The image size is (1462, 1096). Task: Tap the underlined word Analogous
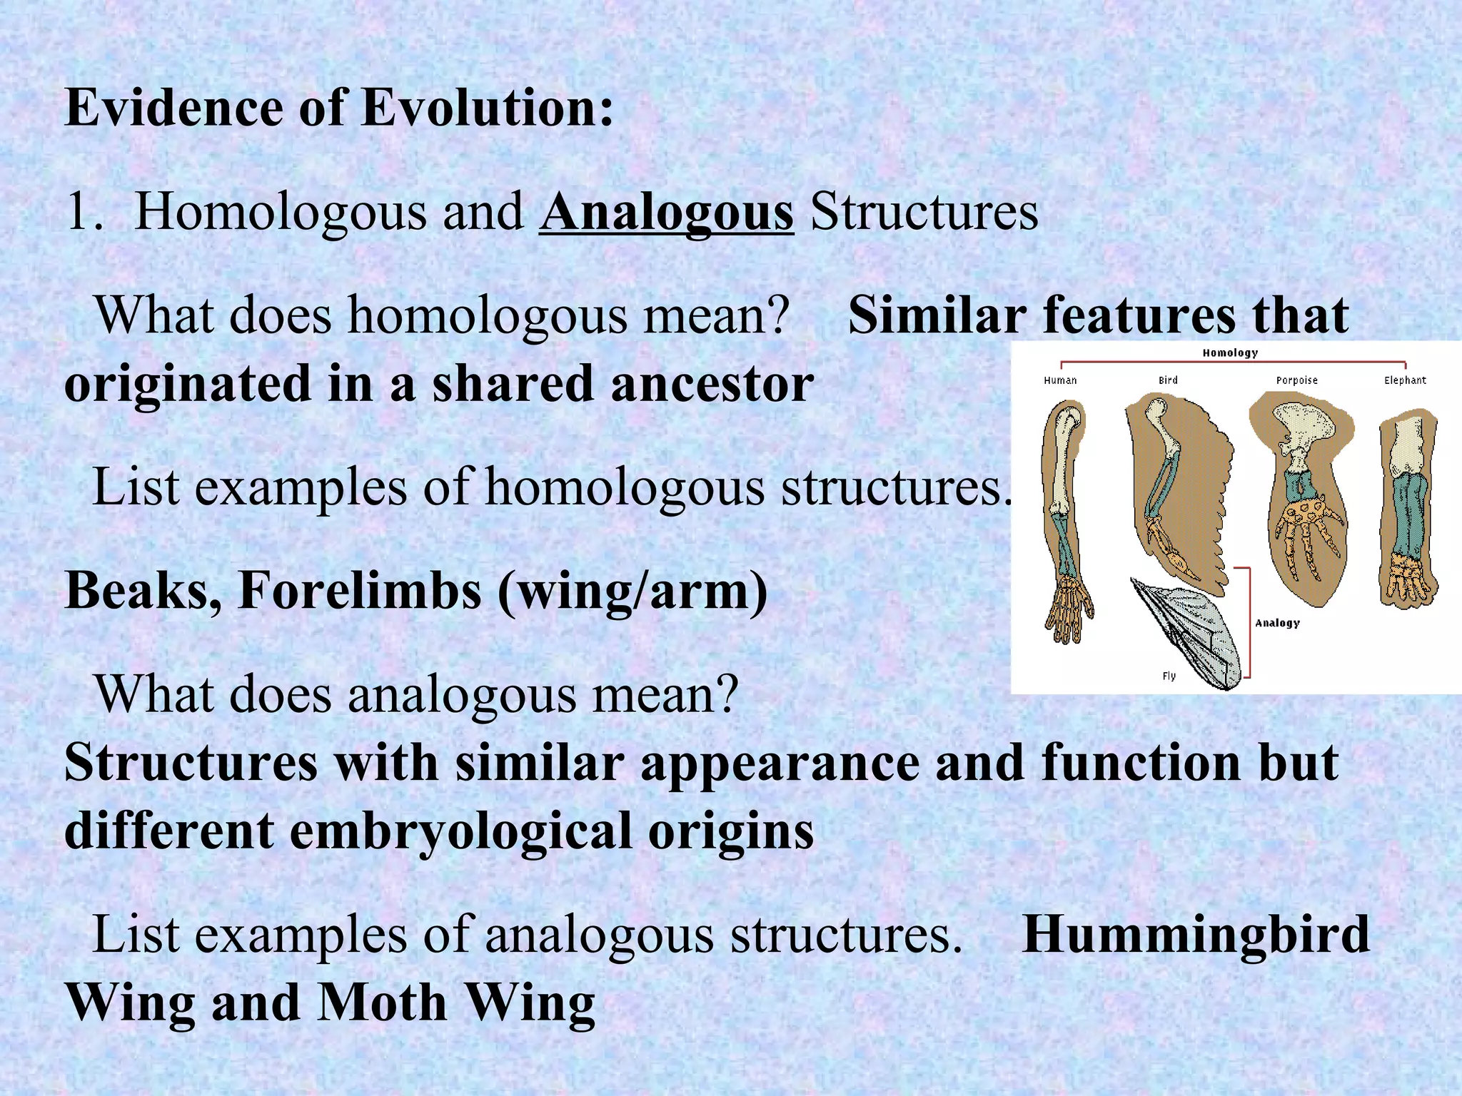coord(666,212)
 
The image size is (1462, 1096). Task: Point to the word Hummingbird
coord(1196,935)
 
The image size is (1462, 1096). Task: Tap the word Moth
coord(383,1003)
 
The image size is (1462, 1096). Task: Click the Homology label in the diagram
coord(1230,352)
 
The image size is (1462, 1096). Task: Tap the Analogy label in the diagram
coord(1277,623)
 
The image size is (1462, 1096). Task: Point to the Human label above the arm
coord(1060,380)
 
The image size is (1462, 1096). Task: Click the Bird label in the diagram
coord(1168,380)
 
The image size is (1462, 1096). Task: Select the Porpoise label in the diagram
coord(1296,380)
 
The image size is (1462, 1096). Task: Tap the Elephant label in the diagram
coord(1405,380)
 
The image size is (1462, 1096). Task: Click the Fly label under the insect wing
coord(1169,676)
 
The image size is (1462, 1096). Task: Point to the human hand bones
coord(1069,607)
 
